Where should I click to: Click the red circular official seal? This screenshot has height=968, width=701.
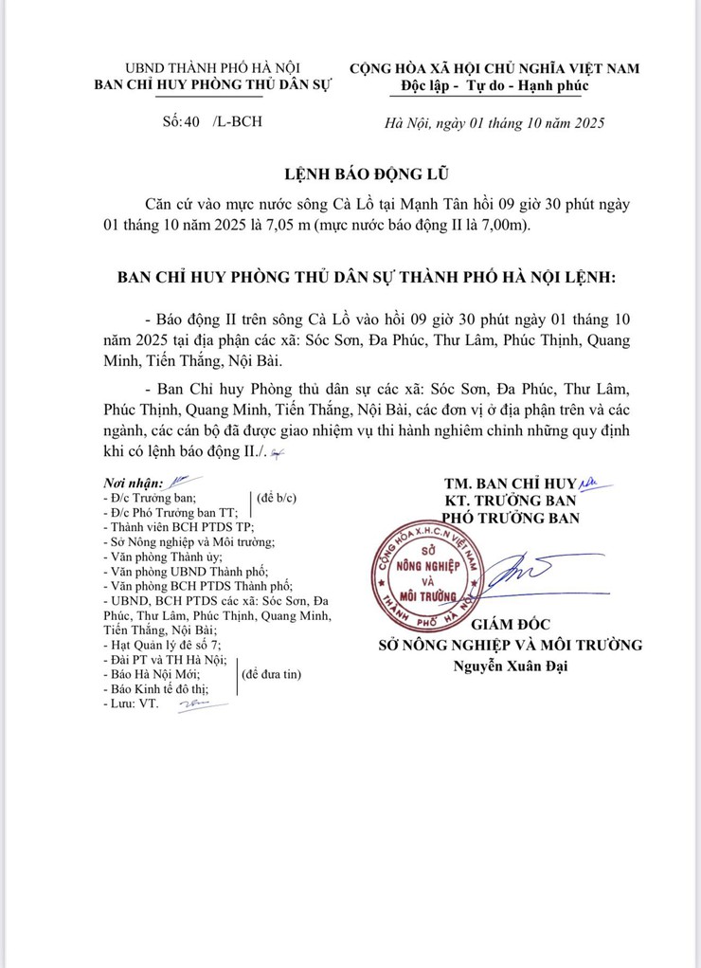[426, 571]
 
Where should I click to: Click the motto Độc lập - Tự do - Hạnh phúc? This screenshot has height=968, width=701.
[494, 86]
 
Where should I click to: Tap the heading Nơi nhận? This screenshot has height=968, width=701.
[133, 483]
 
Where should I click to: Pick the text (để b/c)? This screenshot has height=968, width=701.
[279, 498]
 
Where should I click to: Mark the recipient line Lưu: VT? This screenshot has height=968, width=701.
[132, 704]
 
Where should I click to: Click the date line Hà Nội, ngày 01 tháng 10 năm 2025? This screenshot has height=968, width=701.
[494, 122]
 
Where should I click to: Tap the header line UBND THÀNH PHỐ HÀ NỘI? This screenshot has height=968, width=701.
[213, 68]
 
